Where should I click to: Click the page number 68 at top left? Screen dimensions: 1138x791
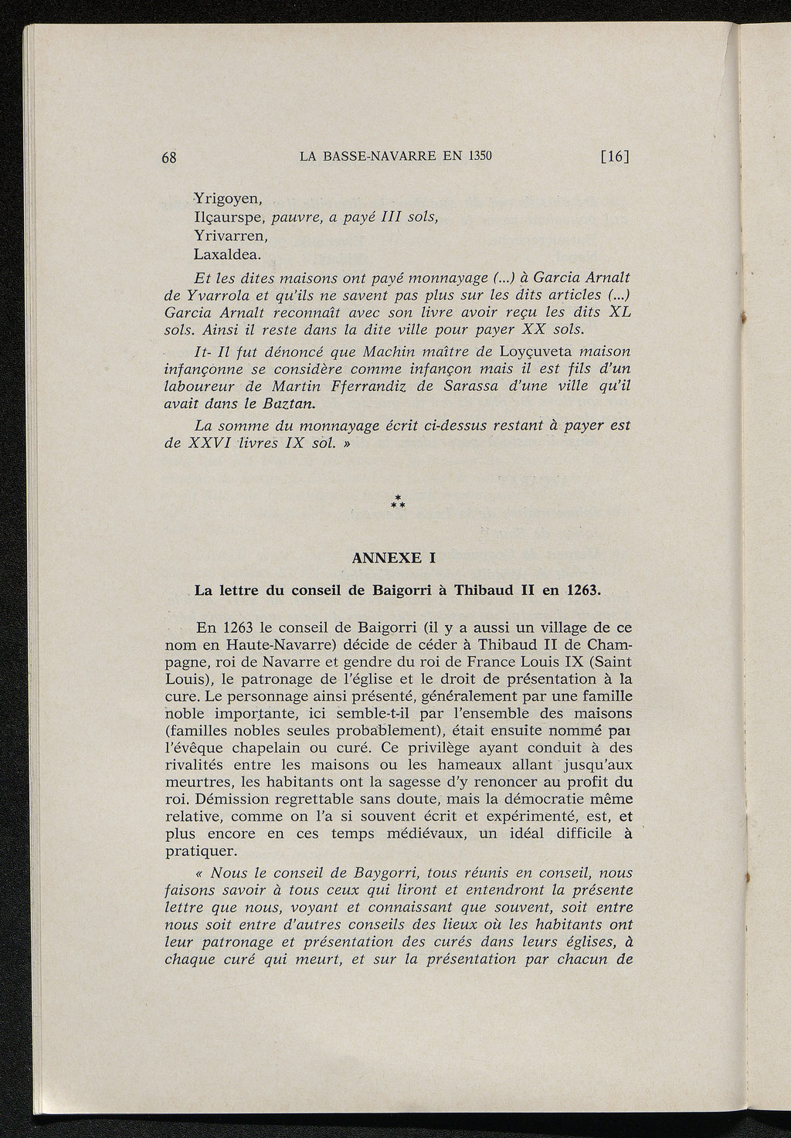(x=170, y=158)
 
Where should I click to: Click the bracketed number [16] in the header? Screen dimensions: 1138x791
(x=615, y=156)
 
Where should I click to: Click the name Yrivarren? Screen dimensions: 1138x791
(x=230, y=235)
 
